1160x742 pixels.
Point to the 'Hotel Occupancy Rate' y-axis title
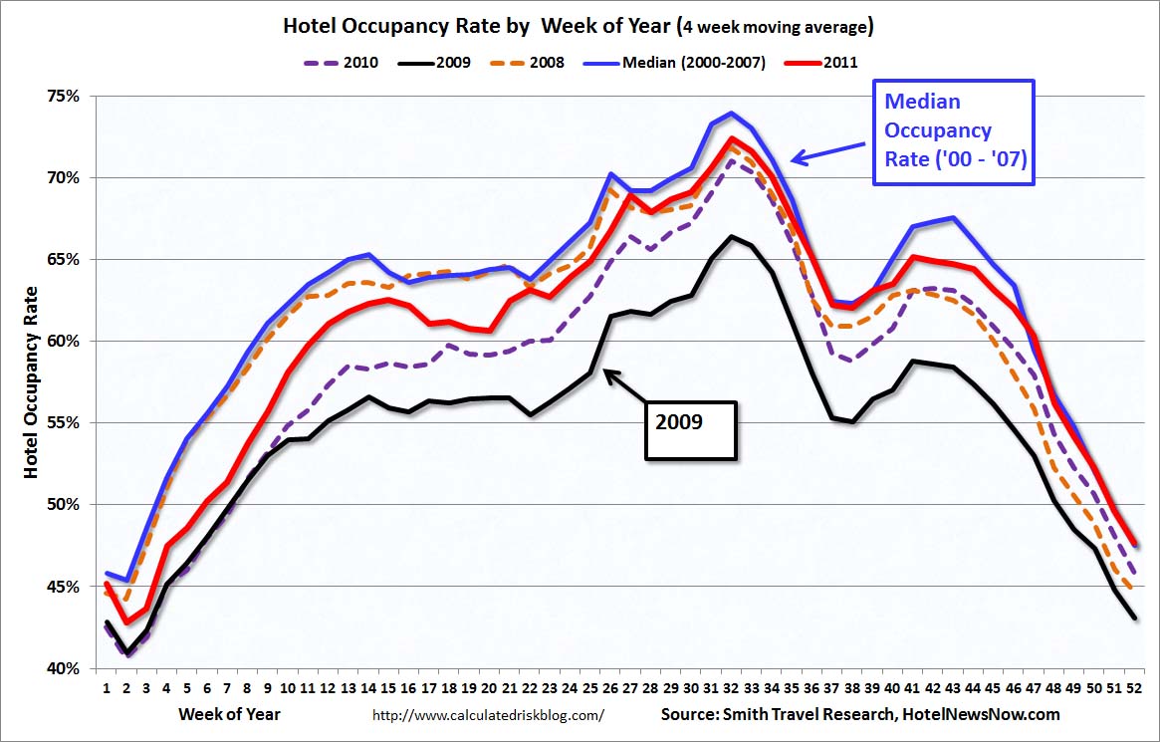click(x=32, y=382)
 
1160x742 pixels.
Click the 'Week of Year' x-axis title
click(x=229, y=714)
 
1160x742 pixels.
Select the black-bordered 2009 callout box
click(x=690, y=430)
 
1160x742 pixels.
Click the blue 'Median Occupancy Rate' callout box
click(x=953, y=131)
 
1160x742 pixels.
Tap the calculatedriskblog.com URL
click(x=488, y=715)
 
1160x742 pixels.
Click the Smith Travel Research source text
click(x=860, y=714)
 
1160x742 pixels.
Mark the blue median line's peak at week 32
click(x=731, y=113)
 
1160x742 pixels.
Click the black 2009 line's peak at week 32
click(x=731, y=236)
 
